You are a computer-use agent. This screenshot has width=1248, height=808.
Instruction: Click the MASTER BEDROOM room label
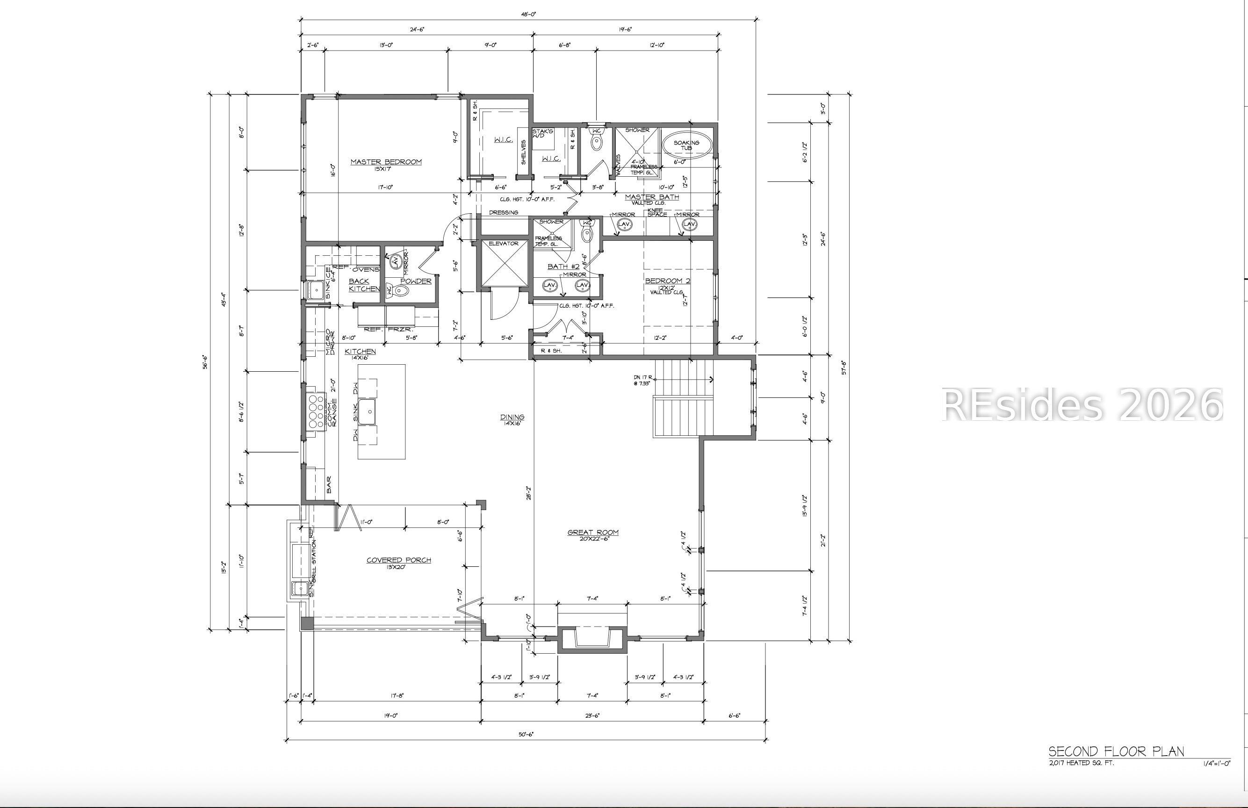pos(386,162)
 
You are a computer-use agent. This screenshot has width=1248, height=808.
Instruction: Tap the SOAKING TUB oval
pos(687,145)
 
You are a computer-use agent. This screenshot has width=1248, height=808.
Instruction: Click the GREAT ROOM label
pos(593,533)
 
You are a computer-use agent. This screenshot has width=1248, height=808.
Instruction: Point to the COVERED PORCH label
pos(398,560)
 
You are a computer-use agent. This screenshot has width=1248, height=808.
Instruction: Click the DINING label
pos(512,418)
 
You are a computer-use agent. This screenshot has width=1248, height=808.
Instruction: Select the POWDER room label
pos(416,281)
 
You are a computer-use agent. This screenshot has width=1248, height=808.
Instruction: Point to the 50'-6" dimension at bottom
pos(526,735)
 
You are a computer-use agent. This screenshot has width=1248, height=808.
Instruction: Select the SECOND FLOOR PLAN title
pos(1116,751)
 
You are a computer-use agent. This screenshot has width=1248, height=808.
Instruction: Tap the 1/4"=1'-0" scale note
pos(1217,764)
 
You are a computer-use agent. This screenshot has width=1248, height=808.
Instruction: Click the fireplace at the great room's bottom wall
pos(592,638)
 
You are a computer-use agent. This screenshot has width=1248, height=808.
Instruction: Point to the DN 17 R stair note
pos(642,380)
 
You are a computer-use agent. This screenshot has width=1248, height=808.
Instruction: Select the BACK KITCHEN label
pos(363,285)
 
